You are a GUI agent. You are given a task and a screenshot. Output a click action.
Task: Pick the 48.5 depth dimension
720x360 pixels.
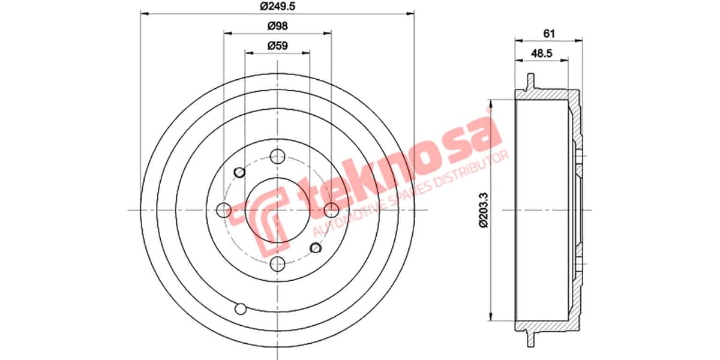click(542, 53)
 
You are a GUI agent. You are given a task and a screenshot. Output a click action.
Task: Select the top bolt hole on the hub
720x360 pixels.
click(277, 157)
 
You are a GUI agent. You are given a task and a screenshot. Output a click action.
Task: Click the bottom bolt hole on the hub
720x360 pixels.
click(277, 263)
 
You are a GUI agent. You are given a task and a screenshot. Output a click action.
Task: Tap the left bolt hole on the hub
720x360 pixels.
click(223, 210)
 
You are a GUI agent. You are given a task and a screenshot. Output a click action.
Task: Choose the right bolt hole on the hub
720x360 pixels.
click(331, 210)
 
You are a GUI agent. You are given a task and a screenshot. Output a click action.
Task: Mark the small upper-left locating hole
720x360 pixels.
click(239, 173)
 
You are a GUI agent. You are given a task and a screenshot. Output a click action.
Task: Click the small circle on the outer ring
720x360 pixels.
click(241, 309)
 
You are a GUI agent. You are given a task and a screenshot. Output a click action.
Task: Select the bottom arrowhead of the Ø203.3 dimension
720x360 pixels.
click(493, 317)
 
